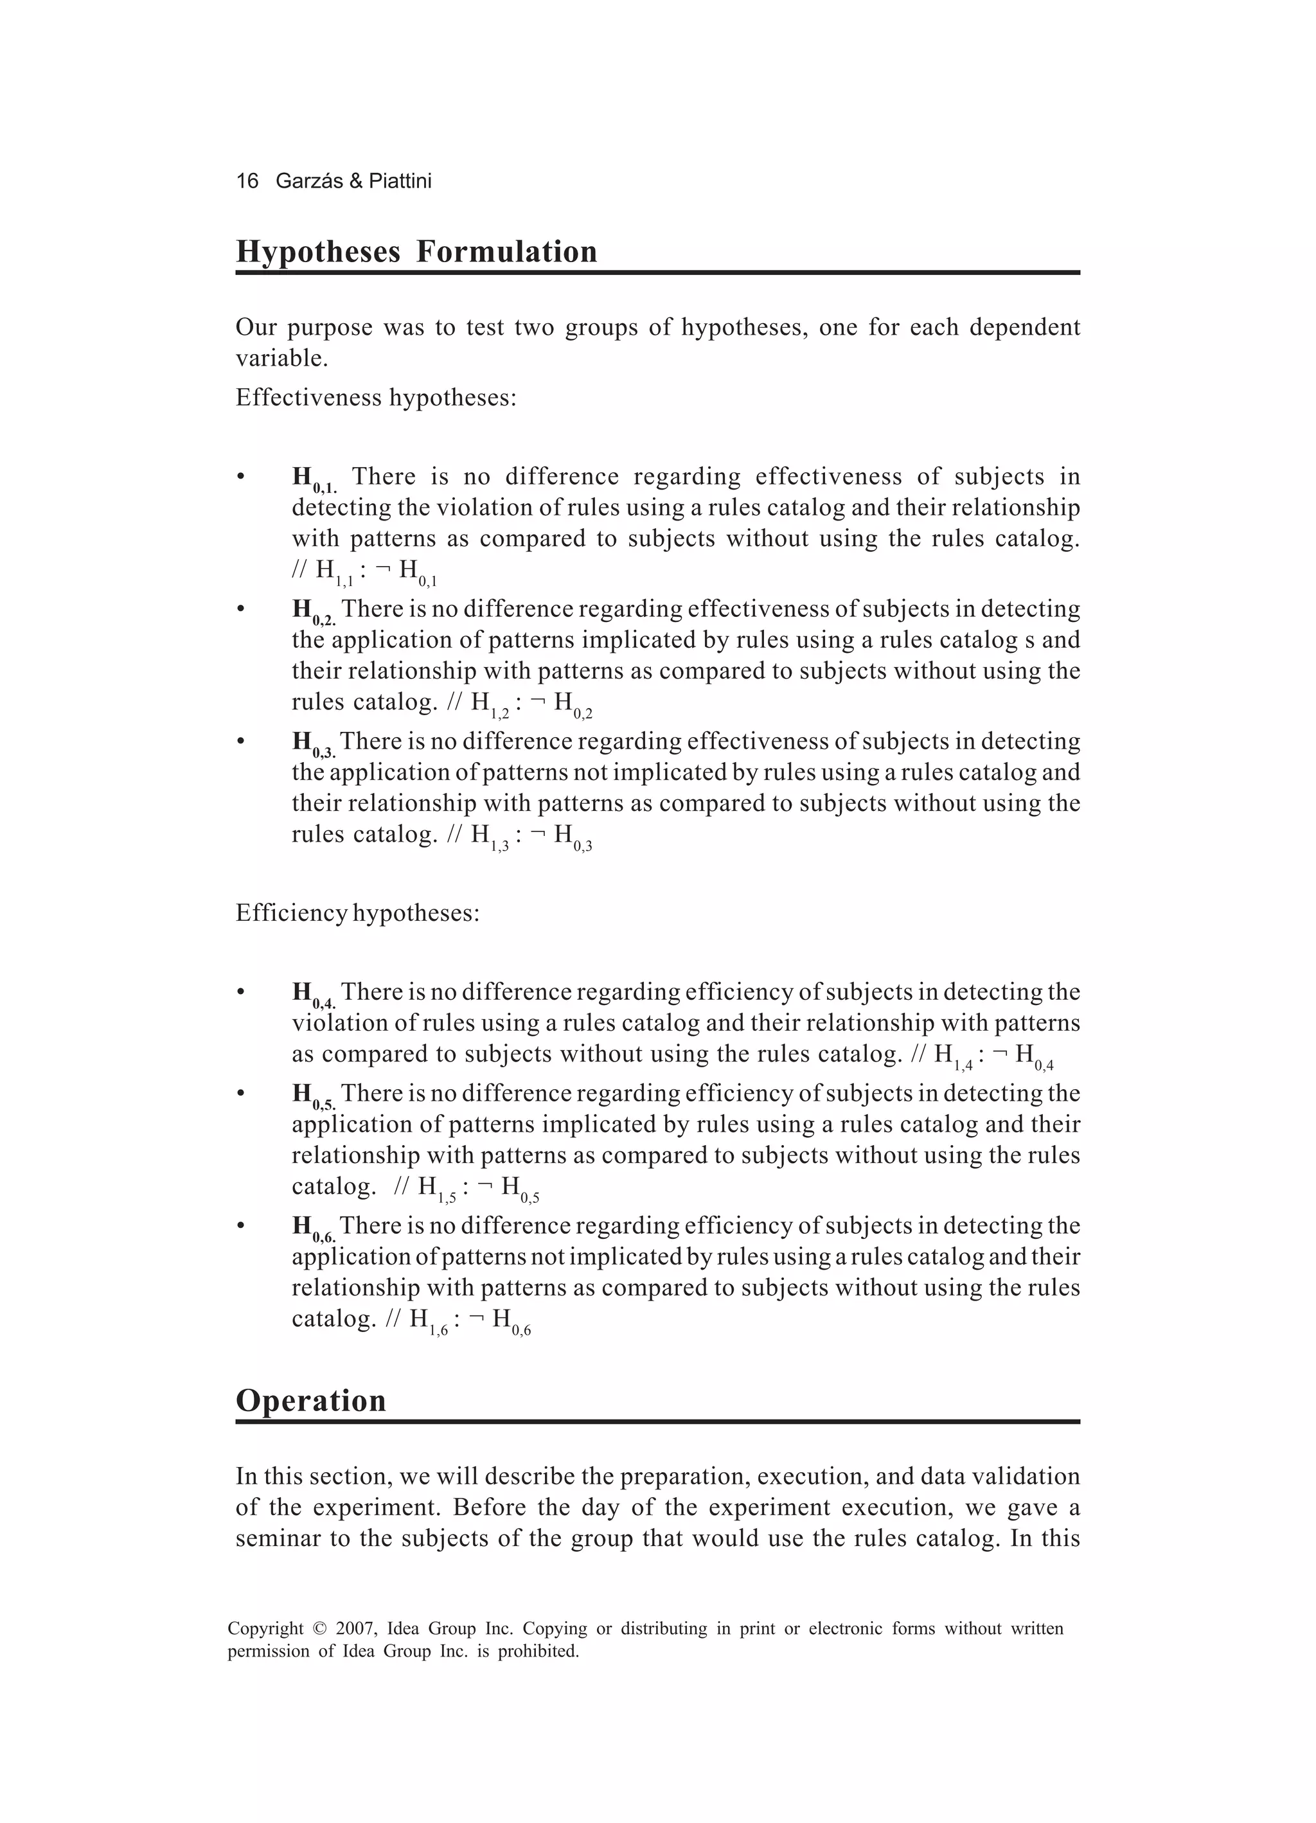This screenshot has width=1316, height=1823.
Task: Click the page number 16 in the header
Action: [x=247, y=181]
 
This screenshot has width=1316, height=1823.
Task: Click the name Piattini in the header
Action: [x=400, y=181]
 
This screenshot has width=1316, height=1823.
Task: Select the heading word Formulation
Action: [x=506, y=252]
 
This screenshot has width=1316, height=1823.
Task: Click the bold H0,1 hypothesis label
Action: [x=314, y=480]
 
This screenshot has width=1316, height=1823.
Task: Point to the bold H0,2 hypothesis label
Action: [x=314, y=612]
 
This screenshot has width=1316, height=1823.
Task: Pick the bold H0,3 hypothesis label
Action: [x=314, y=743]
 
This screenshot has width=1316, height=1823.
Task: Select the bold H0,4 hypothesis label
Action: [x=314, y=994]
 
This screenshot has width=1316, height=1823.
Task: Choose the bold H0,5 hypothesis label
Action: [x=314, y=1096]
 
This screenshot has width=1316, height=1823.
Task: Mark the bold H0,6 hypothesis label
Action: [x=314, y=1228]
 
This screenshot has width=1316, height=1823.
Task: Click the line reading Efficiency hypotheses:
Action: [x=357, y=913]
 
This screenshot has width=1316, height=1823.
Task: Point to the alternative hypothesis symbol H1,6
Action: [x=429, y=1321]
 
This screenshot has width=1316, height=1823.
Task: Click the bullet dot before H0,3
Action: [x=240, y=740]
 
